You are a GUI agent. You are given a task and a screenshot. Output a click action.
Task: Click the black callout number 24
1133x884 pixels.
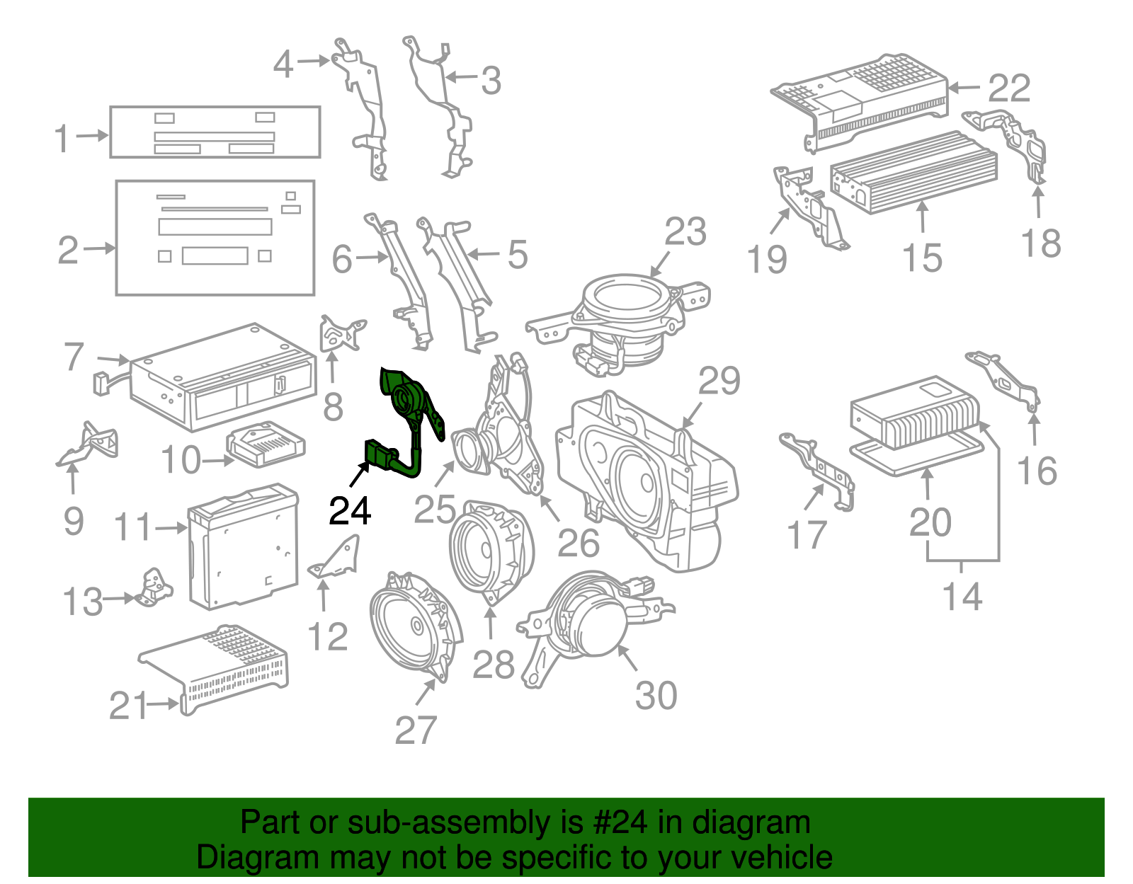(x=350, y=511)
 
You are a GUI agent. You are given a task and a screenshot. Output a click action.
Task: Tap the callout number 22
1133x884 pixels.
(x=1009, y=88)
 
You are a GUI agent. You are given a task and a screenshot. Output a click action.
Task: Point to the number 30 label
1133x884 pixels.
(x=656, y=696)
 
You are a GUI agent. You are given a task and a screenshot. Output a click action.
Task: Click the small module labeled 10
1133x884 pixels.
(x=266, y=444)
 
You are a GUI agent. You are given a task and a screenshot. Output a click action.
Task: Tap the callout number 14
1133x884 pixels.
(x=962, y=597)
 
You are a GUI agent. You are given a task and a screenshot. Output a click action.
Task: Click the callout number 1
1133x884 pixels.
(x=62, y=138)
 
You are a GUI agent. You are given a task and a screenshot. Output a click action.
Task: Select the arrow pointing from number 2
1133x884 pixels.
(x=99, y=248)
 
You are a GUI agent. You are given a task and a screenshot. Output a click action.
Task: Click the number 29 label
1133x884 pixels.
(x=719, y=382)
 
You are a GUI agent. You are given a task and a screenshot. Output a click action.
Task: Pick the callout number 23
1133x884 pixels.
(x=685, y=232)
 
